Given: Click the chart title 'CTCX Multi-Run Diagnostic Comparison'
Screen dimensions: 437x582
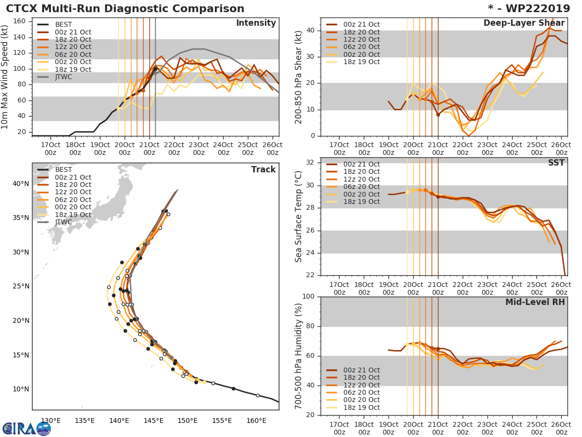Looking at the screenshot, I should click(x=125, y=9).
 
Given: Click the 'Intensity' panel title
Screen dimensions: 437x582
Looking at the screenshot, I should click(x=256, y=23).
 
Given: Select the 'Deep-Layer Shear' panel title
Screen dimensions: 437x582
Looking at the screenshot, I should click(x=524, y=23).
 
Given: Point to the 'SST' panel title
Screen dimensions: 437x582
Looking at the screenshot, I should click(x=556, y=163).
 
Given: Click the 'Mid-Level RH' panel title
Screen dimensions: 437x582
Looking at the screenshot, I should click(x=535, y=302).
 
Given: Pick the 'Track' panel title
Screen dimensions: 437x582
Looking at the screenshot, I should click(x=263, y=169).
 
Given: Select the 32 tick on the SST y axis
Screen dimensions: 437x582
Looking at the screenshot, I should click(x=311, y=163).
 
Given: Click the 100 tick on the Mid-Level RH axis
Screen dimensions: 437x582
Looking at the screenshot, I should click(x=309, y=297).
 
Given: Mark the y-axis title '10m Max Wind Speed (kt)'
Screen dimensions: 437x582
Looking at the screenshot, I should click(x=5, y=77).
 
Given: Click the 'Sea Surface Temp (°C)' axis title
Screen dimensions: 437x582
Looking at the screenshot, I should click(x=299, y=216).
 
